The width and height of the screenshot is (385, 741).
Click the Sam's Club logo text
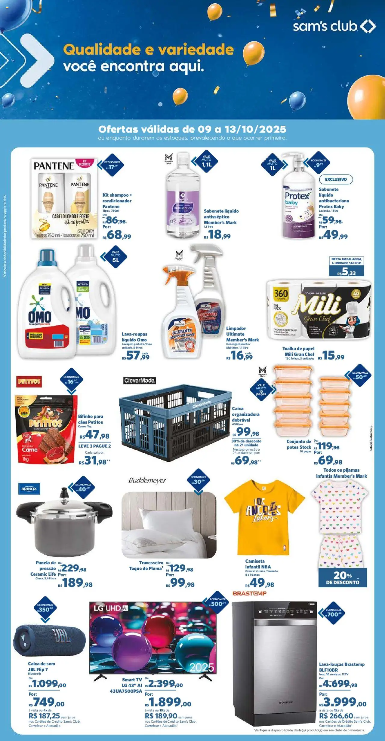[325, 26]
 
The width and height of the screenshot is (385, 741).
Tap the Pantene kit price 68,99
[117, 235]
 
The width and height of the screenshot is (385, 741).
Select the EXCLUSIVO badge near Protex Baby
[336, 179]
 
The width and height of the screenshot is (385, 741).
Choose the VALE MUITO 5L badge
[115, 256]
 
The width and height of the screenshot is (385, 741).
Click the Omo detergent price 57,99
[136, 356]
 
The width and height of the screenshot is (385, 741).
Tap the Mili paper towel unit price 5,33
[346, 272]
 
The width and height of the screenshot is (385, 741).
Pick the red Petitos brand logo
[29, 381]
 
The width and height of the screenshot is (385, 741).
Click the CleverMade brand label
[140, 381]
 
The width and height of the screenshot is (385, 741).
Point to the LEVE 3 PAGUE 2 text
[94, 446]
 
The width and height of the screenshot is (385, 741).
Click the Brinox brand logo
[29, 489]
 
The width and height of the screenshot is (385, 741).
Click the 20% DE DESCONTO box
[343, 577]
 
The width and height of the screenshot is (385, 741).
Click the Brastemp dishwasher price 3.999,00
[343, 702]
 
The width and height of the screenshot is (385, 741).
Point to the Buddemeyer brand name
[147, 480]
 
